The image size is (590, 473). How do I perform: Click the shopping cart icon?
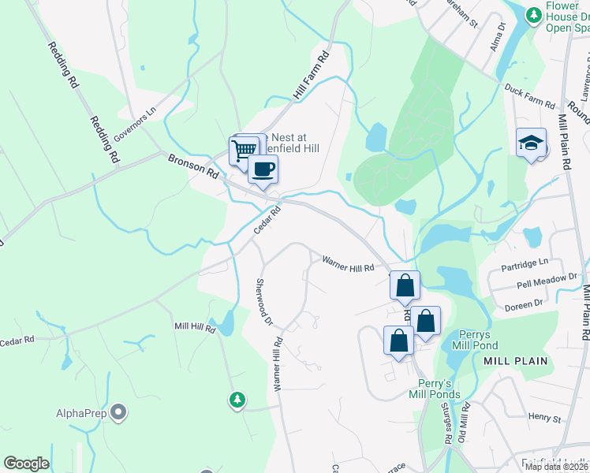click(245, 149)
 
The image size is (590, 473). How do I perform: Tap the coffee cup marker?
click(263, 168)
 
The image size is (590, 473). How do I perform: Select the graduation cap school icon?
click(531, 143)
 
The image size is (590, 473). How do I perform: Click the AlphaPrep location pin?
click(118, 412)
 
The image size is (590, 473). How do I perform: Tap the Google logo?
click(26, 464)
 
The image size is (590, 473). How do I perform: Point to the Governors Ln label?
click(135, 125)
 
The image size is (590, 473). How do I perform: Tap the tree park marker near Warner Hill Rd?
click(237, 400)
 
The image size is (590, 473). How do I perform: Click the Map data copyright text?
click(556, 467)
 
